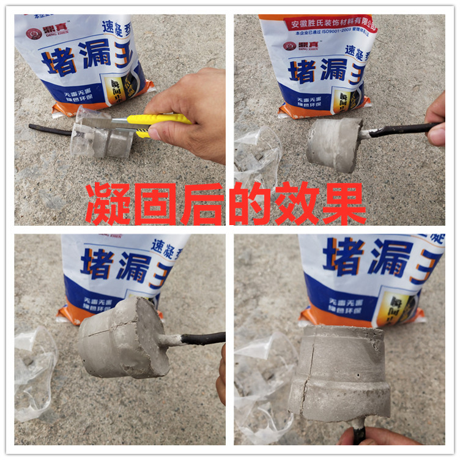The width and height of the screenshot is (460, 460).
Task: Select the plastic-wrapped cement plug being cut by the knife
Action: [x=101, y=138]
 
